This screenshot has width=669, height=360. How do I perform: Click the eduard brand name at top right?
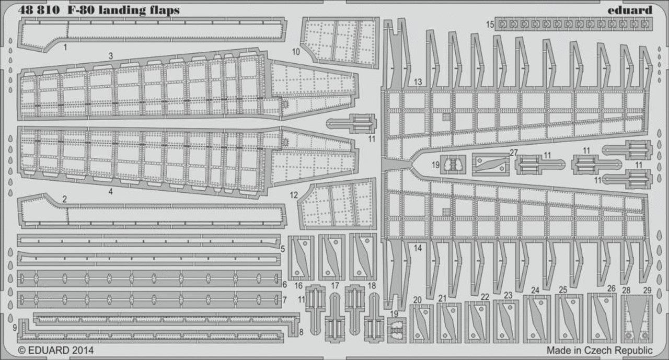pos(630,10)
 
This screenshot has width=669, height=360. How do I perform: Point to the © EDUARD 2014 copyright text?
pos(56,350)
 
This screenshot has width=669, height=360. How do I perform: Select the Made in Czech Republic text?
pos(599,350)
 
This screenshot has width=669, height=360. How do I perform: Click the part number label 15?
pos(490,25)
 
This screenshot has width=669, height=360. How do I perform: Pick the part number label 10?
pos(296,52)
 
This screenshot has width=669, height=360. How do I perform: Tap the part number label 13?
pos(418,82)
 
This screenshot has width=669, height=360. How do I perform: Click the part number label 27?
pos(514,153)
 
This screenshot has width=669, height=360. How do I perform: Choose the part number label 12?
pos(294,195)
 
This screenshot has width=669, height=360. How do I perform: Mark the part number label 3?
pos(111,56)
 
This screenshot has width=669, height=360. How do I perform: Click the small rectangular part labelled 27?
pos(490,165)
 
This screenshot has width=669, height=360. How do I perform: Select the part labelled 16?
pos(301,258)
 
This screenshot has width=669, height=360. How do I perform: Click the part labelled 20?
pos(421,324)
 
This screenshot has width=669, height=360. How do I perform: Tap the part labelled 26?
pos(602,318)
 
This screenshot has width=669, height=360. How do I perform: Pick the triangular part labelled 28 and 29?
pos(636,319)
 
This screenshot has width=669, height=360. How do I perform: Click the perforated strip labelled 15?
pos(573,24)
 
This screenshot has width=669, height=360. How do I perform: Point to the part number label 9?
pos(15,328)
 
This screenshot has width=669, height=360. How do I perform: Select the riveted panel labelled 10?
pos(340,42)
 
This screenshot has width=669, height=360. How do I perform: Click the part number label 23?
pos(508,296)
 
